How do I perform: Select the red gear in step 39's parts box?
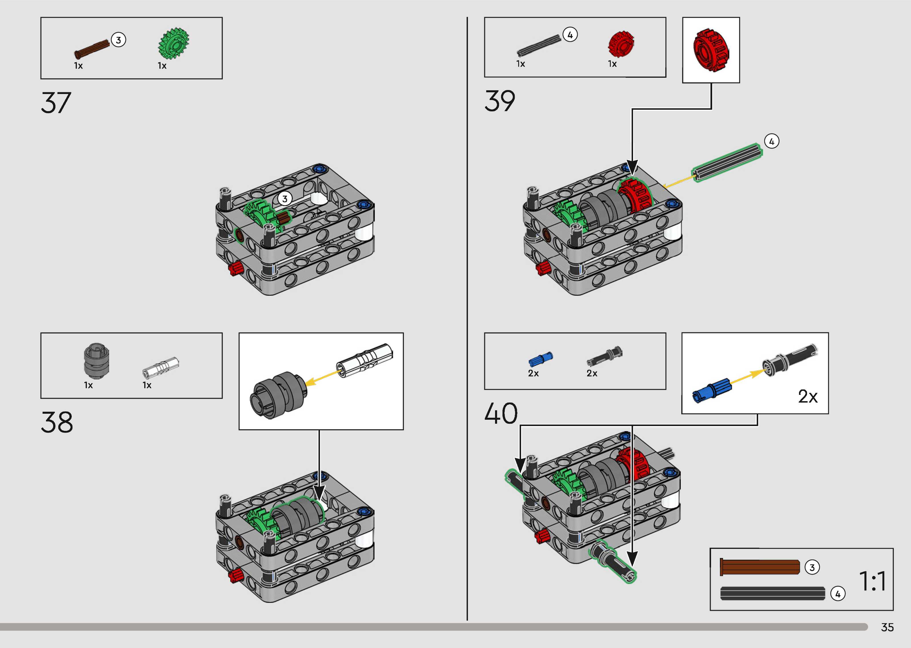(621, 44)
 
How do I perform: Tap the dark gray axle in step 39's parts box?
(538, 45)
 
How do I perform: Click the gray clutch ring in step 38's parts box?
(96, 361)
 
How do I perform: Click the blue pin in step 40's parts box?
(540, 359)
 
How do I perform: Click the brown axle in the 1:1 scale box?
(760, 567)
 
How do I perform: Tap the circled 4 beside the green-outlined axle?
(771, 141)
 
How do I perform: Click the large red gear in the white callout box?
(711, 50)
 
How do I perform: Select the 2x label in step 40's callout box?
(808, 397)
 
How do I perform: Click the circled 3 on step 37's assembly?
(285, 199)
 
